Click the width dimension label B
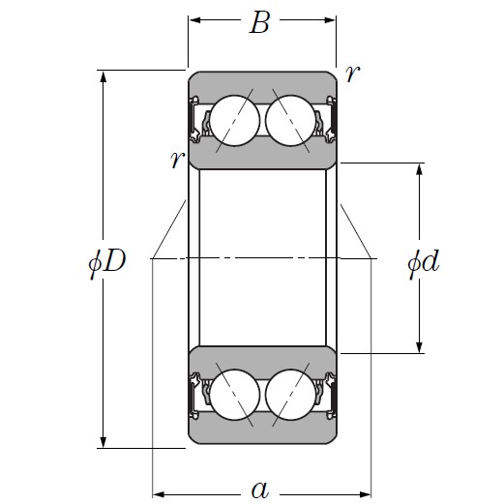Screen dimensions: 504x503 pyautogui.click(x=259, y=23)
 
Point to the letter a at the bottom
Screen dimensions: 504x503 pyautogui.click(x=259, y=489)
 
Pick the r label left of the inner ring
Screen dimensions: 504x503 pyautogui.click(x=176, y=160)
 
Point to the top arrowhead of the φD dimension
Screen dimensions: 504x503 pyautogui.click(x=104, y=77)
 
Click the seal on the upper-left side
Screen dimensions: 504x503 pyautogui.click(x=198, y=122)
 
